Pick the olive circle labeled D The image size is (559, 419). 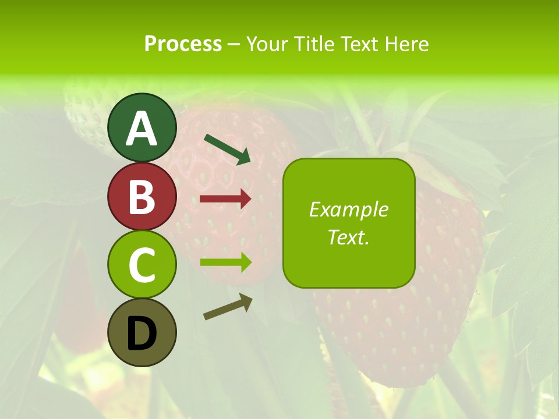[x=141, y=332]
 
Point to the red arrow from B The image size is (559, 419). [x=225, y=199]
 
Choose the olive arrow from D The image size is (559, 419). [x=228, y=306]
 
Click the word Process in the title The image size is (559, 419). [x=183, y=44]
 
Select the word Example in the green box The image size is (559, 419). [x=348, y=210]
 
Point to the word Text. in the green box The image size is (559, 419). [x=348, y=237]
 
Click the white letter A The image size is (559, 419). [x=141, y=129]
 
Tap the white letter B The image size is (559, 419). [x=141, y=197]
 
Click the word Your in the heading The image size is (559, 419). [x=267, y=44]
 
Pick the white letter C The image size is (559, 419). [x=141, y=265]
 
